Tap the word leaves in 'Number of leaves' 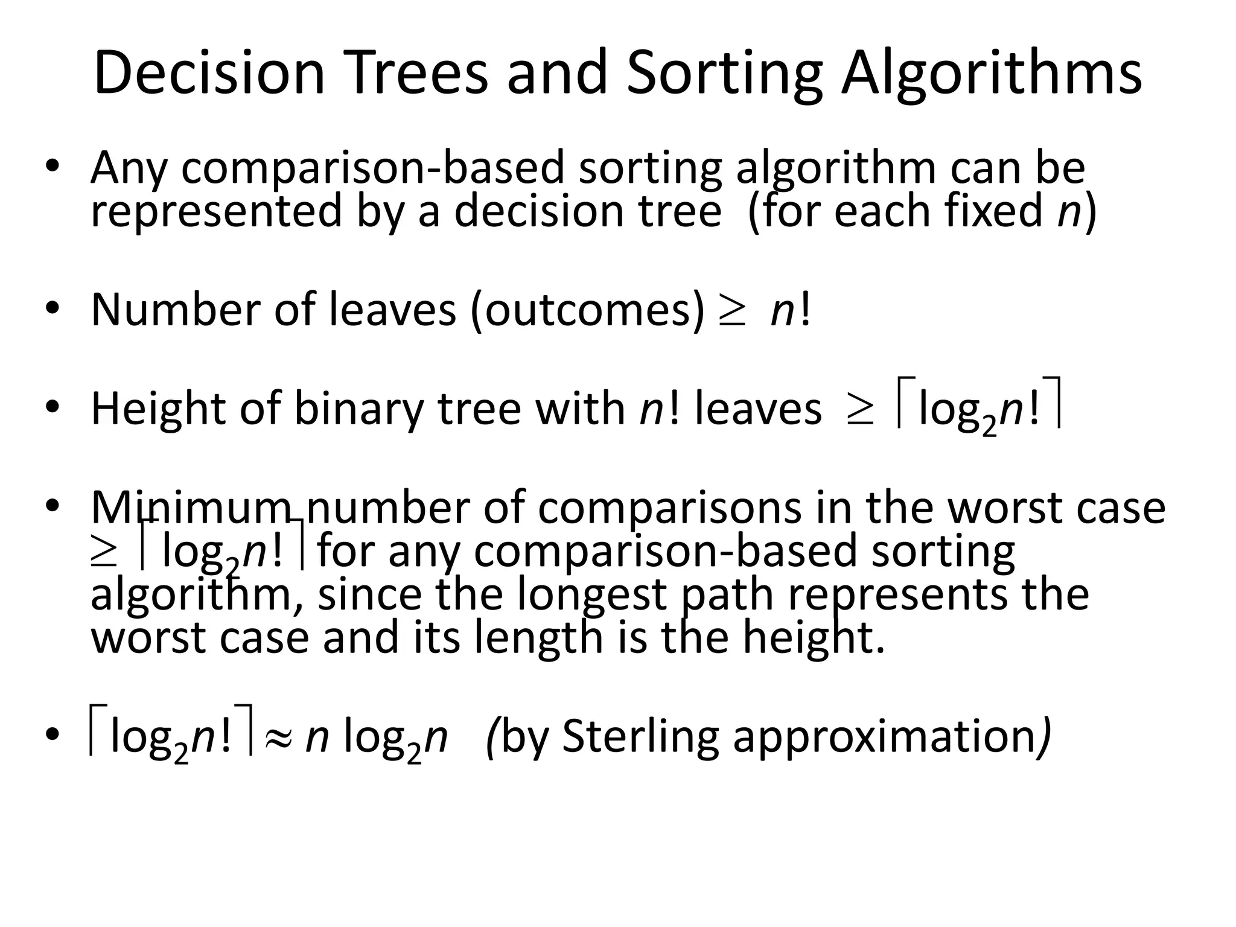coord(392,310)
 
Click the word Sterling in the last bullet coord(640,737)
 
